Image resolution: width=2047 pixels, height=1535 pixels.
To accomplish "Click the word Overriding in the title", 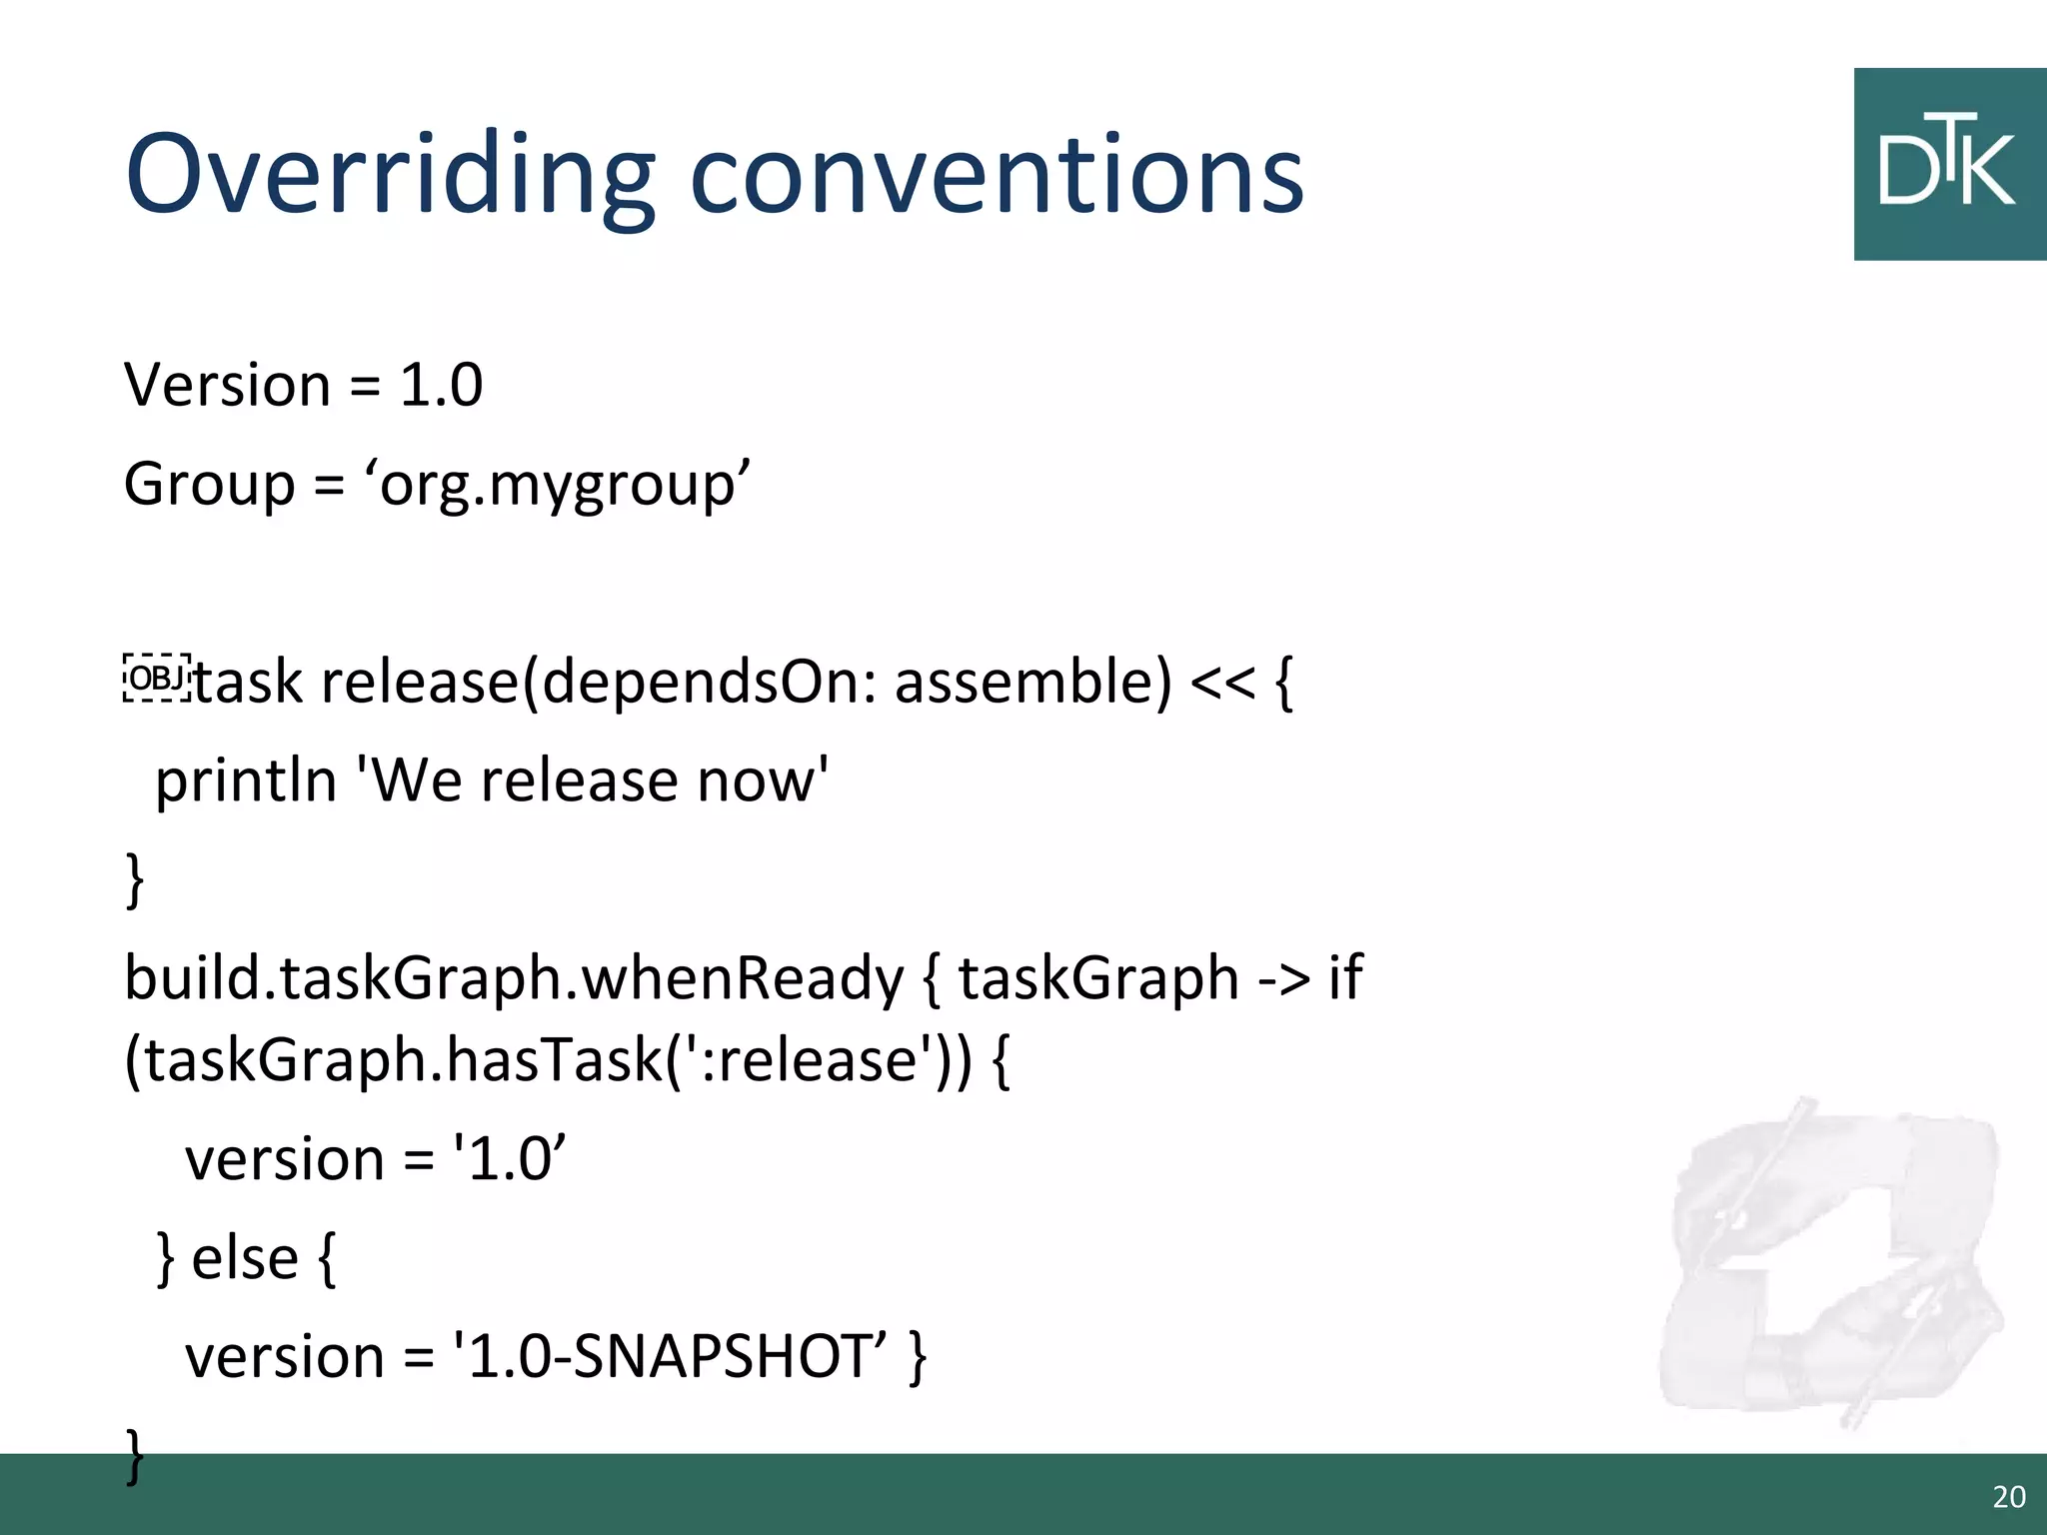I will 390,175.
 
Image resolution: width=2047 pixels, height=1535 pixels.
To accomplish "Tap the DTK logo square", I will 1949,165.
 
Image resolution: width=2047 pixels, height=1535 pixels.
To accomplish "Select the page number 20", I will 2009,1497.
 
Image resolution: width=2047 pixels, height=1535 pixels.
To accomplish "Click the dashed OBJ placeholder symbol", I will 157,679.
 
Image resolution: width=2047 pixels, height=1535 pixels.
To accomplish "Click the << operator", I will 1221,684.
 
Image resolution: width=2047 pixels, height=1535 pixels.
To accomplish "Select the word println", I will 246,780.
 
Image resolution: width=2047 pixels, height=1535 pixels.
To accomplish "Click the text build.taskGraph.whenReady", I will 514,978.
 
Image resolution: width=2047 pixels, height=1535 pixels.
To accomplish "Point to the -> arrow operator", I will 1282,978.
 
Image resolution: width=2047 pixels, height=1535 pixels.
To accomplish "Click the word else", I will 245,1258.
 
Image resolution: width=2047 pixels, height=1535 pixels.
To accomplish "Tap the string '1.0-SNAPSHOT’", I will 670,1357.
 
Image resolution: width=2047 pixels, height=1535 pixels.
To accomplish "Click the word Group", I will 209,485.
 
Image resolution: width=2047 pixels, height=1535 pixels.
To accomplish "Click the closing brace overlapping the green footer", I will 135,1457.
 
